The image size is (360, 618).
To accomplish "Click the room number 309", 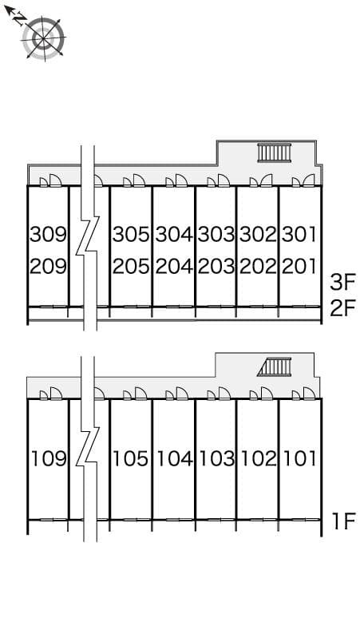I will (x=48, y=235).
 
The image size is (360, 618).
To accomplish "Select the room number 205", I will (x=132, y=266).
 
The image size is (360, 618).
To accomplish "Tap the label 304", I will (x=174, y=235).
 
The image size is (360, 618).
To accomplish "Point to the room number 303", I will (x=216, y=235).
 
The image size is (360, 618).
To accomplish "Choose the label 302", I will (x=258, y=235).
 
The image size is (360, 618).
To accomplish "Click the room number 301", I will (x=300, y=235).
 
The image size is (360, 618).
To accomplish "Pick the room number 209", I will (x=48, y=266).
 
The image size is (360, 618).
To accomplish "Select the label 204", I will (x=174, y=266).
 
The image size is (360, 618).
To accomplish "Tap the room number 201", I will (x=300, y=266).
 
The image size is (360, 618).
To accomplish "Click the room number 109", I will (x=48, y=459).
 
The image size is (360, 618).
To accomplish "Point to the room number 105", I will (x=132, y=459).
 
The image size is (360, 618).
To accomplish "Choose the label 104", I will (x=174, y=459).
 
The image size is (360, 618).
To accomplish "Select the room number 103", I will (x=216, y=459).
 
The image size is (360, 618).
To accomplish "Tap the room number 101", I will (x=300, y=459).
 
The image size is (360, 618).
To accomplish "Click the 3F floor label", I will (x=342, y=282).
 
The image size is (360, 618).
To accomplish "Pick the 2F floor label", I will (x=342, y=307).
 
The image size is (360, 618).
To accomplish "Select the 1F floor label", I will (x=342, y=523).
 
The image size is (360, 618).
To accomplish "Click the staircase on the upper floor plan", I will (x=275, y=153).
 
